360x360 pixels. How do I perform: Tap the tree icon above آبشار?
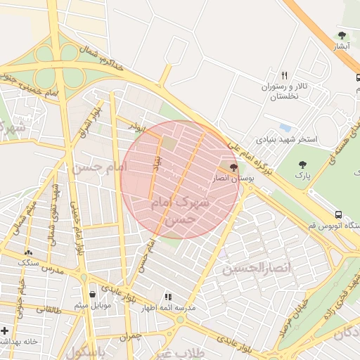click(342, 35)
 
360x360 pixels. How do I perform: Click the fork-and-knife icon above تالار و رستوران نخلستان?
click(285, 75)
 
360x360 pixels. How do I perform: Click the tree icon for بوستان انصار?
click(233, 167)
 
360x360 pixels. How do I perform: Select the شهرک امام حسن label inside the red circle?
click(181, 210)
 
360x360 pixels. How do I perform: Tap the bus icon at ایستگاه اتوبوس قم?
click(340, 214)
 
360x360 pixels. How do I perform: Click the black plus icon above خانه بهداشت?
click(5, 330)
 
